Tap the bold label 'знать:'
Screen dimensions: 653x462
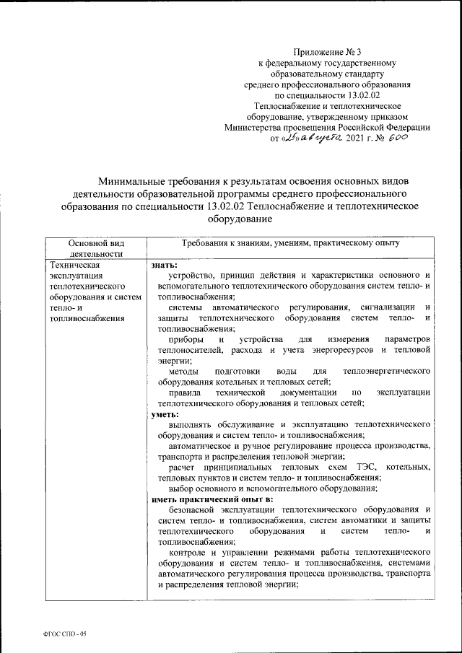163,266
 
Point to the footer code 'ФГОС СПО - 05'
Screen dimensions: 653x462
65,633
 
